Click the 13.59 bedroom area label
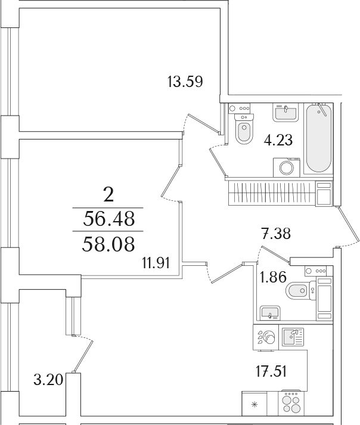pos(185,82)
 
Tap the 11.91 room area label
pos(156,263)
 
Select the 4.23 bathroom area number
pos(278,140)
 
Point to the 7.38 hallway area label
pos(276,234)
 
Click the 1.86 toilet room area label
pos(273,277)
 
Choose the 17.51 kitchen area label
pos(271,371)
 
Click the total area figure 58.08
pos(108,244)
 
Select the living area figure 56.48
pos(108,219)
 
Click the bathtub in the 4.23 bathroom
pos(318,138)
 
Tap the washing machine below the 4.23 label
pos(287,167)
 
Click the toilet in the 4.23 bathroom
pos(244,129)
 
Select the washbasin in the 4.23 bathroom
pos(285,113)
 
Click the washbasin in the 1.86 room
pos(270,313)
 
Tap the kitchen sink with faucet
pos(293,337)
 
